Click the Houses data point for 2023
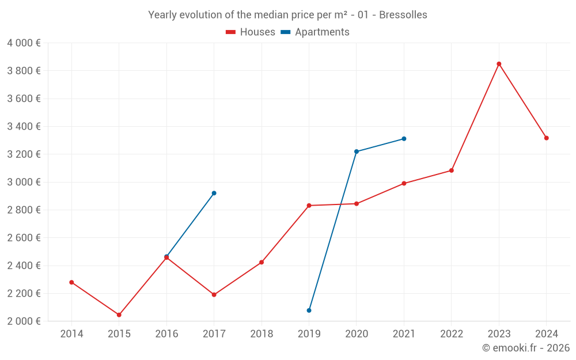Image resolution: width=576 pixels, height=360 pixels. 499,64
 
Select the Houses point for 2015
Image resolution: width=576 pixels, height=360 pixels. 119,315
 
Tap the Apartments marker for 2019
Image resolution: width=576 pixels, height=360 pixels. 309,310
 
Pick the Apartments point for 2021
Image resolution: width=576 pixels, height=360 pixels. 404,139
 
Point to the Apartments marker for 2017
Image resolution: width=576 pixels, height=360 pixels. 214,193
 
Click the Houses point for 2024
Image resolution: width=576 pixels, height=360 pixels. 546,138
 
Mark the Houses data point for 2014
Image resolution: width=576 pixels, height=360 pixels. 71,282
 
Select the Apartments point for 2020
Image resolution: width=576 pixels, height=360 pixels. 357,151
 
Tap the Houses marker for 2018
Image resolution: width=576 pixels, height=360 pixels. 262,262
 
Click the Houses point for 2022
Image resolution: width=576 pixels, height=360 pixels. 452,170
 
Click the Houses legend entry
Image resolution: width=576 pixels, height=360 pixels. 251,32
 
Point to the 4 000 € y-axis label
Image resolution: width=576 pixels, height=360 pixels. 24,43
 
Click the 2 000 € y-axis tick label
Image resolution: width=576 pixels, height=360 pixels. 24,321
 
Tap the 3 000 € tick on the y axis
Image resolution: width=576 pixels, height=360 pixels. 24,182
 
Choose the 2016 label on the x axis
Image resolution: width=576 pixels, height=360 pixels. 166,334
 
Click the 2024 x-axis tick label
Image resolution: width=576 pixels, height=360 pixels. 546,334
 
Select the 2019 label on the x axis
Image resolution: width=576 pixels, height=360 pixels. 309,334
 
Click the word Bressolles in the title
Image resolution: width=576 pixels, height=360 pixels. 403,15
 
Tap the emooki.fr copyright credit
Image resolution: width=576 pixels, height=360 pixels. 526,348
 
